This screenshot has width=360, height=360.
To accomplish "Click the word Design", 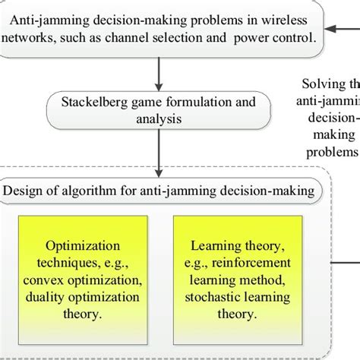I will pos(27,189).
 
